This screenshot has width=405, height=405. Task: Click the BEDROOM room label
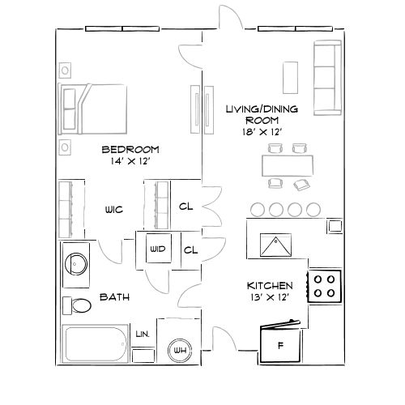point(130,149)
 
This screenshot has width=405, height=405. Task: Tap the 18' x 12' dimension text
point(261,132)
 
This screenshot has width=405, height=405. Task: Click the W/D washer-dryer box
point(157,249)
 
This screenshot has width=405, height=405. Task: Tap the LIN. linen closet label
point(143,333)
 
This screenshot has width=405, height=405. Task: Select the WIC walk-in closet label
point(113,210)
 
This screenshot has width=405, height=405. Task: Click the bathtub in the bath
point(96,345)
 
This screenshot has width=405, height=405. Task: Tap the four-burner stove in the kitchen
point(326,285)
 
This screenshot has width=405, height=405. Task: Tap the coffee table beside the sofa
point(289,78)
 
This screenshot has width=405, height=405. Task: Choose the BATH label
point(114,297)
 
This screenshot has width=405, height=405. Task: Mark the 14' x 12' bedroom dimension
point(130,162)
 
